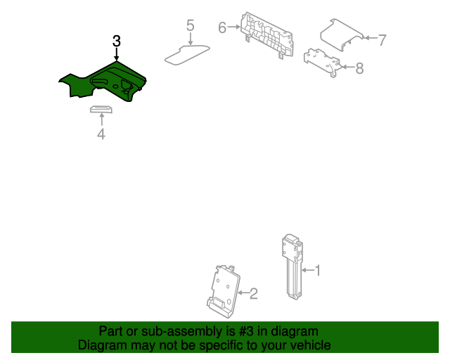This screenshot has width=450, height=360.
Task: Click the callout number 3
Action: (117, 41)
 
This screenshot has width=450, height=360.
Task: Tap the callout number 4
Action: (101, 134)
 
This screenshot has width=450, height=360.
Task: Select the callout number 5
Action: (190, 26)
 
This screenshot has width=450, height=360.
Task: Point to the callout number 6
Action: (222, 27)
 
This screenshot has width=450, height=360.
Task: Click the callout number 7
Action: (382, 40)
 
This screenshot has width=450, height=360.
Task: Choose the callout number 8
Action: (359, 68)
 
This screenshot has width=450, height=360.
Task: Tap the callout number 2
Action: (253, 293)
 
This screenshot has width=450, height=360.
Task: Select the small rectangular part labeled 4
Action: (101, 108)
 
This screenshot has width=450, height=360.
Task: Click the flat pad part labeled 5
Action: (187, 53)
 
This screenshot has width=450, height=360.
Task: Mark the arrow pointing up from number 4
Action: (101, 120)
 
